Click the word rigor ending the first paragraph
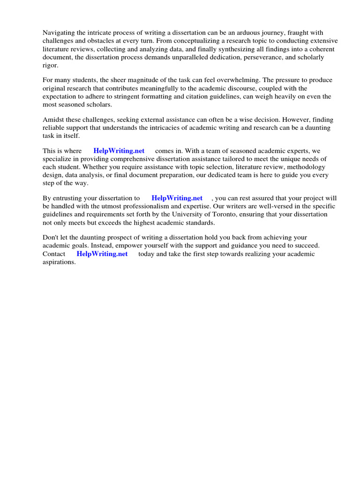point(50,65)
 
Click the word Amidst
point(52,120)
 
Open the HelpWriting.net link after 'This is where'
point(119,151)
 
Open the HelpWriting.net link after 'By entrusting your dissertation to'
point(177,198)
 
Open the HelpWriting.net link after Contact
point(102,254)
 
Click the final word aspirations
point(59,262)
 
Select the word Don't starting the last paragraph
point(51,238)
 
